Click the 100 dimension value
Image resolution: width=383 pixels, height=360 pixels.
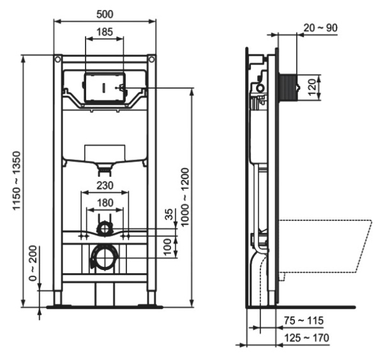coord(169,246)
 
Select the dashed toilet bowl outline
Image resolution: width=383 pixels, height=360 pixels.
coord(326,246)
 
